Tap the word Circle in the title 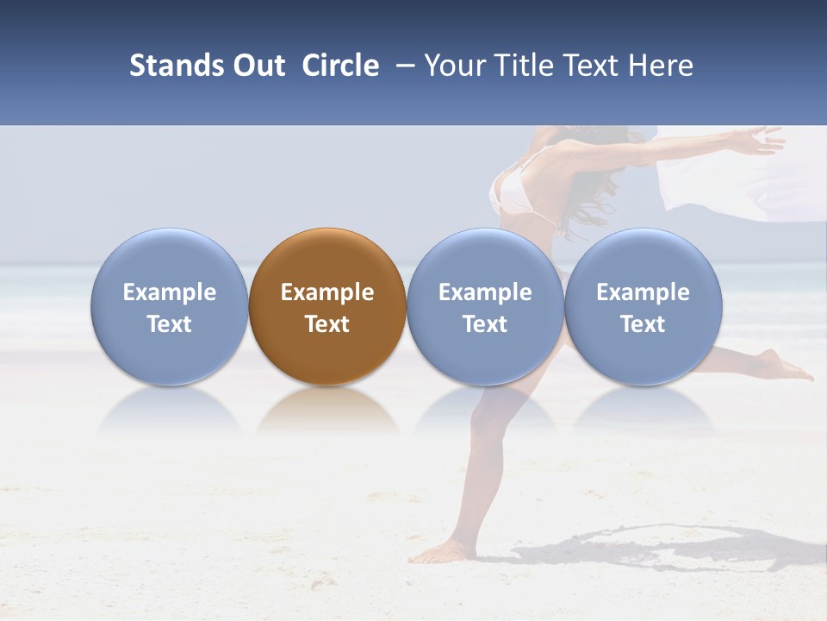tap(340, 66)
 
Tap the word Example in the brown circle tap(327, 292)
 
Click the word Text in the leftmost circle tap(169, 324)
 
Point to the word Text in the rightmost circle tap(644, 324)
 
